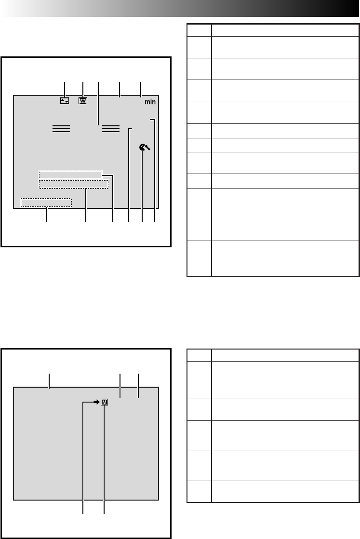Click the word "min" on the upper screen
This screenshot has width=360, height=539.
click(x=150, y=102)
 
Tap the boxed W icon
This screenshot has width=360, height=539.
click(x=83, y=101)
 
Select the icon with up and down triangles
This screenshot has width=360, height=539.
click(x=65, y=101)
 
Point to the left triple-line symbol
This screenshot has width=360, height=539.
click(x=61, y=129)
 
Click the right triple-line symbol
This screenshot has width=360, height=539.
click(x=111, y=129)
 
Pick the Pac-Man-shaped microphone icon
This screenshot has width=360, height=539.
click(x=145, y=148)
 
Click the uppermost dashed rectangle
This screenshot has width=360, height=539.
click(x=70, y=175)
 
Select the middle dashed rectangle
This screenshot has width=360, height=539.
click(x=74, y=184)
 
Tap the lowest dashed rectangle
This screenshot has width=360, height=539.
click(x=46, y=203)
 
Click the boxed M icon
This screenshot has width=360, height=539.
click(x=105, y=402)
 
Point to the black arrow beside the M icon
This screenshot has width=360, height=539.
click(x=96, y=402)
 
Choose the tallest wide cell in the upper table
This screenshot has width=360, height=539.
click(x=285, y=215)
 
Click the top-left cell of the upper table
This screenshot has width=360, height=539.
click(x=199, y=30)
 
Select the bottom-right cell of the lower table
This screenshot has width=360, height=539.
click(x=285, y=492)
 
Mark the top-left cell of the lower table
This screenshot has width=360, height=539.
click(x=199, y=355)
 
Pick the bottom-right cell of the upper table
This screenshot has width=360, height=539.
click(x=285, y=269)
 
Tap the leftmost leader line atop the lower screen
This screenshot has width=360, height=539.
click(x=50, y=381)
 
